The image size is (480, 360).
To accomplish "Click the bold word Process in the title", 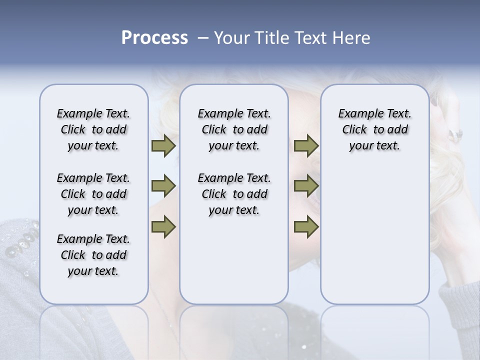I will (x=154, y=38).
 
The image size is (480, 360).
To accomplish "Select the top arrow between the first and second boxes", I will (x=163, y=146).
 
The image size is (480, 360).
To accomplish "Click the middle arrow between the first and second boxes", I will (x=163, y=186).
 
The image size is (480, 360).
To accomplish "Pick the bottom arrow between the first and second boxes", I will (x=163, y=226).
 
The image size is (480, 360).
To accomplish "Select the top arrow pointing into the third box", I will (x=306, y=146).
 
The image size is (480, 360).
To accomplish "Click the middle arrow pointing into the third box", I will (x=306, y=186).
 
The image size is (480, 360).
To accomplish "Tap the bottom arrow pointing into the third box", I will (x=306, y=226).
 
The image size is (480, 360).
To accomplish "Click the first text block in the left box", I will (x=93, y=129).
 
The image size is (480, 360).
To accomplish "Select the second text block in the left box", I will (x=93, y=194).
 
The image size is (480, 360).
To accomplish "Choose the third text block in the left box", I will (x=93, y=255).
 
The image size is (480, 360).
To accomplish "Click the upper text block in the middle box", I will (x=234, y=129).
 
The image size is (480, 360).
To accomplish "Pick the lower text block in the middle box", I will (x=234, y=194).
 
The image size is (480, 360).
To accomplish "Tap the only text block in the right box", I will (x=374, y=129).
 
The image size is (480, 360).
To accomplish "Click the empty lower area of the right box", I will (x=374, y=240).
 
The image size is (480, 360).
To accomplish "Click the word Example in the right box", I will (x=357, y=113).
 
